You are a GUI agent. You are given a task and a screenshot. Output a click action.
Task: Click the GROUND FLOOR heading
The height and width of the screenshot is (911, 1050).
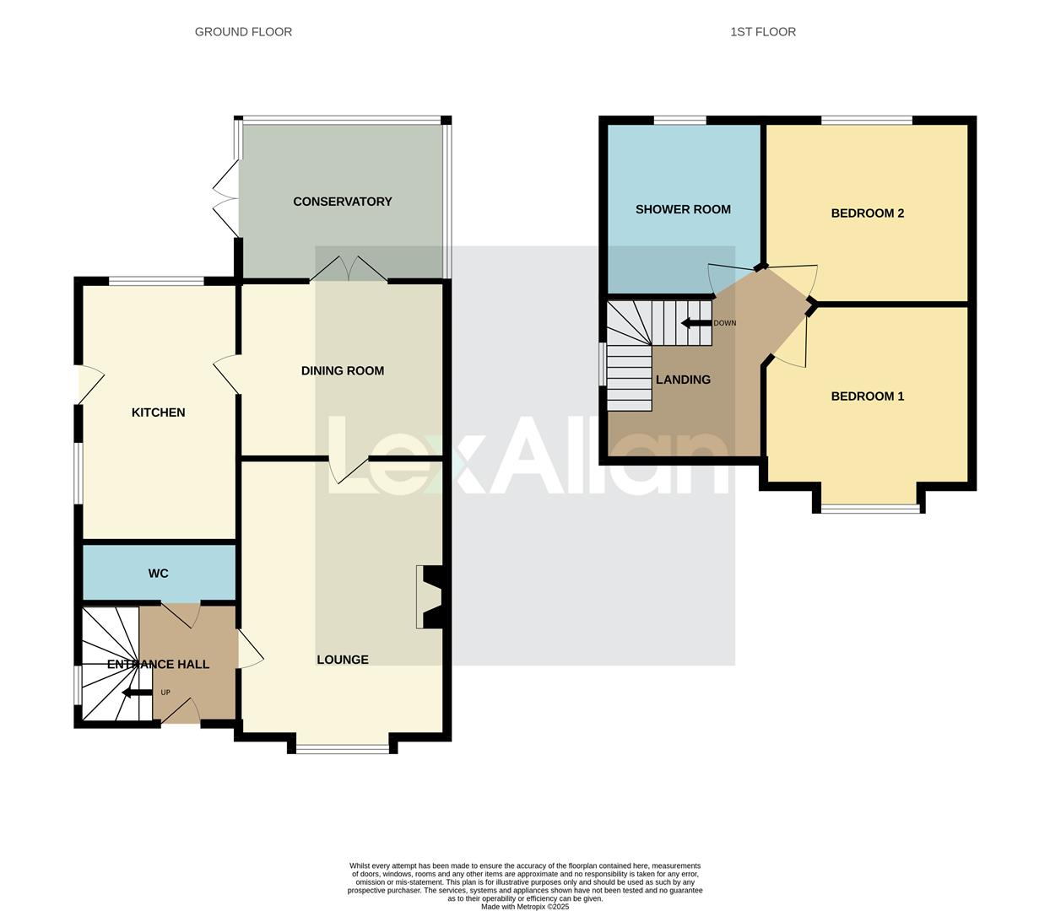tap(243, 32)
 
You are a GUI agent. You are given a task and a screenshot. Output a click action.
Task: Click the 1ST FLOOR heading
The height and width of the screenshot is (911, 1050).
tap(763, 32)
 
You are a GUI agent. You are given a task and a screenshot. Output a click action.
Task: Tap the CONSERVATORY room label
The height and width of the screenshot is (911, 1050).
tap(343, 202)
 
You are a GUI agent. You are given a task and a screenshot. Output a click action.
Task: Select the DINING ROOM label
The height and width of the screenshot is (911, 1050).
tap(343, 370)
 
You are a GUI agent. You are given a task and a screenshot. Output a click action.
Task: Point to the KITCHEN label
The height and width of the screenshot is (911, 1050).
tap(158, 412)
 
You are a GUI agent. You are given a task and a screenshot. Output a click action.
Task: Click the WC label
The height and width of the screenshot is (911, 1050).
tap(158, 574)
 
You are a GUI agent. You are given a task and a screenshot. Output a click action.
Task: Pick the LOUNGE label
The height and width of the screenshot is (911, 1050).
tap(343, 660)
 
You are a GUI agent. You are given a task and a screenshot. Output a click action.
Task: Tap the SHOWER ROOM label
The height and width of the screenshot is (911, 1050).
tap(683, 209)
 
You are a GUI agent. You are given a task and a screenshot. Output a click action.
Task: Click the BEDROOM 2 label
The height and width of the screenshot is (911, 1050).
tap(868, 213)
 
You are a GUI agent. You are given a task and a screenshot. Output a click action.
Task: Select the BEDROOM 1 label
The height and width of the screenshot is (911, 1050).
tap(868, 396)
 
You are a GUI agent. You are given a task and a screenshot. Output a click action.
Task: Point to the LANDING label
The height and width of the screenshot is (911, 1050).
tap(683, 380)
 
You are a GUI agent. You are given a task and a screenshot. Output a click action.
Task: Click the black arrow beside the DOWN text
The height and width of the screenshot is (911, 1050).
tap(696, 323)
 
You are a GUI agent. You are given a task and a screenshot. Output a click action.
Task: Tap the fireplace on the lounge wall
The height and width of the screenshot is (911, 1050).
tap(430, 597)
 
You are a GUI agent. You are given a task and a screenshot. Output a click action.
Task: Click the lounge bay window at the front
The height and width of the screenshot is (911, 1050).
tap(342, 748)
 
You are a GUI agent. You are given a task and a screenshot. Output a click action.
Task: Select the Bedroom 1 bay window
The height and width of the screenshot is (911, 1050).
tap(869, 508)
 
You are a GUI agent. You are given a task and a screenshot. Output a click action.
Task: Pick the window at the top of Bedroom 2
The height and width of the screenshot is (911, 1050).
tap(867, 121)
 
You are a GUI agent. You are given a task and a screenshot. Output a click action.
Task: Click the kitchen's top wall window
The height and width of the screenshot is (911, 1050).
tap(156, 281)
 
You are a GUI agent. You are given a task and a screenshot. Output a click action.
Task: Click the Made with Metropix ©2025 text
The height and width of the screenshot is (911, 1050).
tap(525, 907)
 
